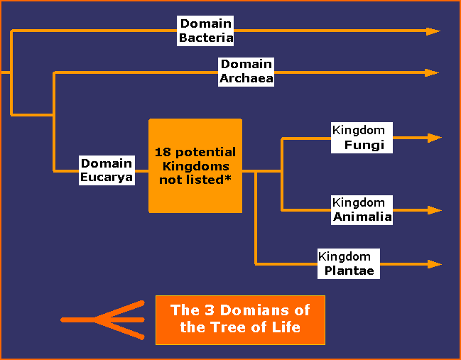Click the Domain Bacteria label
205,31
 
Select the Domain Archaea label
246,72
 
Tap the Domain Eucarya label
107,170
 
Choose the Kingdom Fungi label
362,138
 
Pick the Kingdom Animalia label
362,210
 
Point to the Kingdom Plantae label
349,264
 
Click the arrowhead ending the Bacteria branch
433,31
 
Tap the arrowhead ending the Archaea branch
432,72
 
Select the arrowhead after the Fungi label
435,138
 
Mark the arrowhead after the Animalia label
435,210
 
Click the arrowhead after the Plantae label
435,264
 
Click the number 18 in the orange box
163,152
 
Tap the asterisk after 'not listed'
228,178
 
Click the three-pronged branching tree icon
102,320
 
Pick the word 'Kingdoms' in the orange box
196,166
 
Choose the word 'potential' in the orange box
205,153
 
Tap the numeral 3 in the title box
209,310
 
